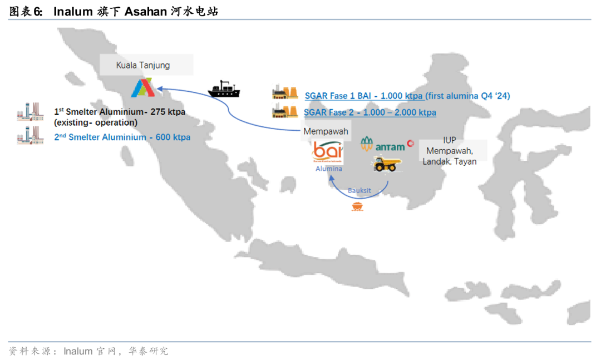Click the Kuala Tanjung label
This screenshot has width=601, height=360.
point(143,65)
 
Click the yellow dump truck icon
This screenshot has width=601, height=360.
point(385,164)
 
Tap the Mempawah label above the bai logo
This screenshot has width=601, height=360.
point(326,132)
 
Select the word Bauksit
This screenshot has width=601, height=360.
point(359,190)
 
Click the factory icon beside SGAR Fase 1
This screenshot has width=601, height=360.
point(286,94)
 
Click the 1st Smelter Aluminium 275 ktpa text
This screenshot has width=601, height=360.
point(120,112)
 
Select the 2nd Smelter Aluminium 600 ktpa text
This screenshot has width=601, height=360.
point(122,137)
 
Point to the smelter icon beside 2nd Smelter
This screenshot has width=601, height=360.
point(30,135)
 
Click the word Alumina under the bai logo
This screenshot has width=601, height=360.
point(329,169)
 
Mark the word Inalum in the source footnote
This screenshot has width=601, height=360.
point(78,351)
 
